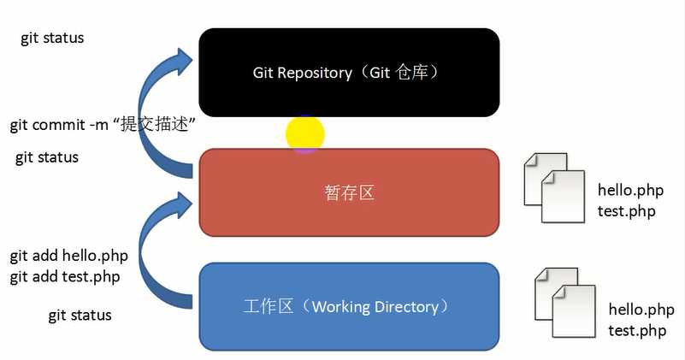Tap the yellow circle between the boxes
click(x=305, y=134)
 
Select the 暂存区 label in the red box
click(x=349, y=193)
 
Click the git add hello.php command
click(x=68, y=256)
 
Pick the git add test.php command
click(x=64, y=276)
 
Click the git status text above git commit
click(x=52, y=38)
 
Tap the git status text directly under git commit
click(x=47, y=157)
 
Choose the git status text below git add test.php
click(x=80, y=316)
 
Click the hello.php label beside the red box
click(x=631, y=191)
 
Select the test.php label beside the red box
click(x=627, y=210)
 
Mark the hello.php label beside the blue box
click(x=641, y=310)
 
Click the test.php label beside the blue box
click(x=637, y=330)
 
